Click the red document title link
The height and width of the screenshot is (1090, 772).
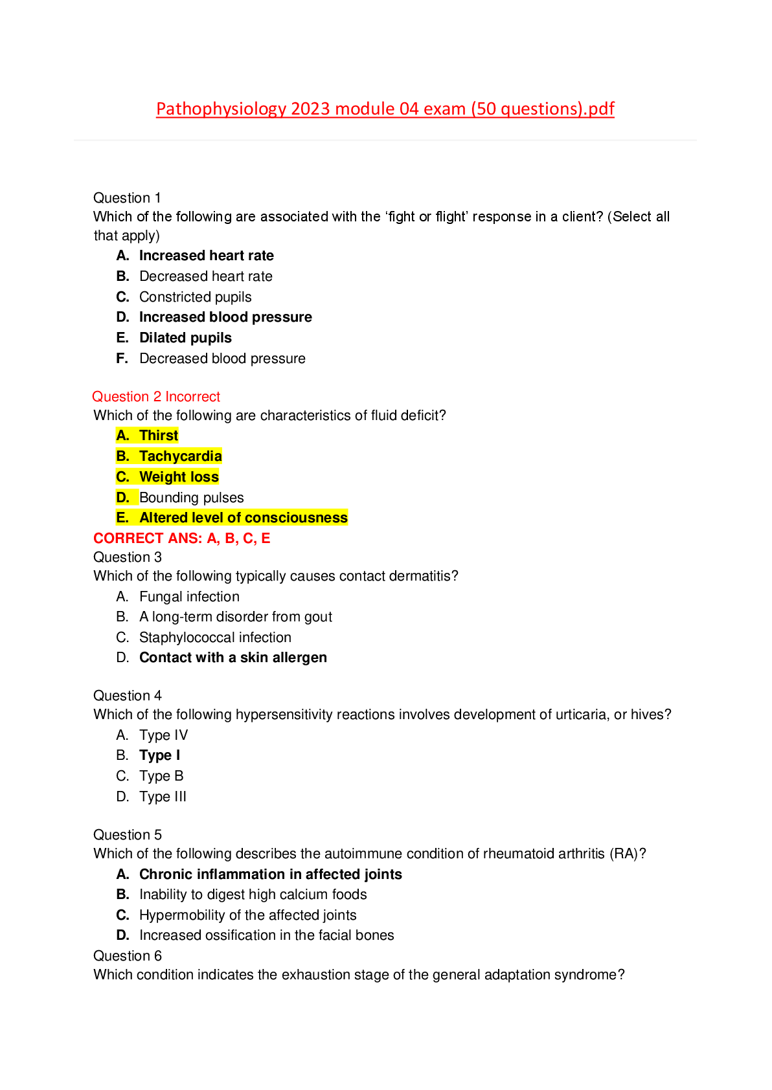point(385,109)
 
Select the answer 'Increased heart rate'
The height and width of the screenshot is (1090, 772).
point(206,256)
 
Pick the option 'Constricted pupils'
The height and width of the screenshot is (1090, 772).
point(195,297)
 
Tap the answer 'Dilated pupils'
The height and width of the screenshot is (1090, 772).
point(185,338)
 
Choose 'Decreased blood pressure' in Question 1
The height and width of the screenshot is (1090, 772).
point(222,359)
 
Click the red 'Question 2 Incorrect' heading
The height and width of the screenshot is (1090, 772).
point(156,397)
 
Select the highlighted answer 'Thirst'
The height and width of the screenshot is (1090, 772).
point(159,436)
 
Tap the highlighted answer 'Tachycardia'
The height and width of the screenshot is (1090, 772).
point(180,456)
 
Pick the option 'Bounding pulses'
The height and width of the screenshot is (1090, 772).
point(191,498)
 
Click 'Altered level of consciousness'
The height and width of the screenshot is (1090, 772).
point(244,518)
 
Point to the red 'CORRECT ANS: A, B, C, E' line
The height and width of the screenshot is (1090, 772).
point(182,539)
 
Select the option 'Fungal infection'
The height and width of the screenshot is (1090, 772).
point(189,597)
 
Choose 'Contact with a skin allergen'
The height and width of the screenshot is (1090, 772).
point(233,658)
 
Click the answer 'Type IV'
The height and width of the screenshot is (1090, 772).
point(163,735)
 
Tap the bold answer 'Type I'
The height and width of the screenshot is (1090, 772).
point(159,755)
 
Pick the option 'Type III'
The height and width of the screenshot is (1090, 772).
point(163,797)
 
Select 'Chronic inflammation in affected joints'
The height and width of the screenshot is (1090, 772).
point(270,874)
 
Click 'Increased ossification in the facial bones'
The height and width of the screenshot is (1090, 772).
point(266,935)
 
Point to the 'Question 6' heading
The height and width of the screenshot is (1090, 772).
point(128,956)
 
